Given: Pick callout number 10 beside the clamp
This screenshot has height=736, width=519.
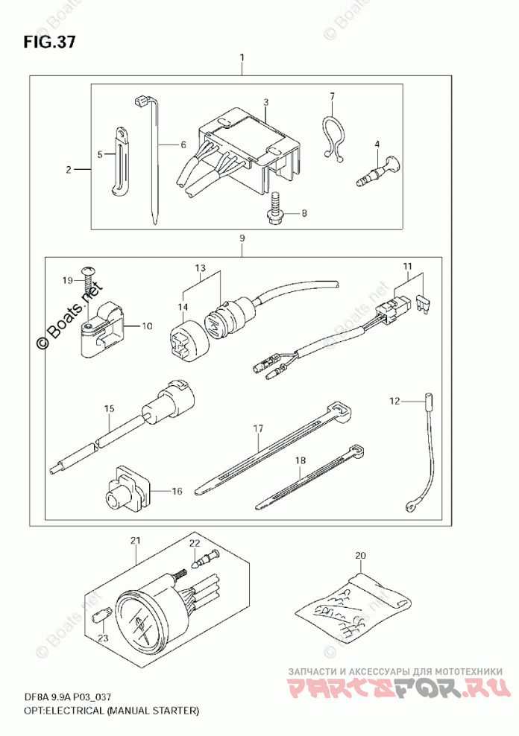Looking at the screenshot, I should coord(147,326).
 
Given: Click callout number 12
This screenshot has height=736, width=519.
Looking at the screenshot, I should coord(394,402).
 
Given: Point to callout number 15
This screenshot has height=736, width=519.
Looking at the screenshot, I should coord(109,408).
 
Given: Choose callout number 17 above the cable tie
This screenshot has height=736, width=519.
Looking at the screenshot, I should coord(258,428).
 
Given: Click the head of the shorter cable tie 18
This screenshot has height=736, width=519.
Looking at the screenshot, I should coord(358,451).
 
